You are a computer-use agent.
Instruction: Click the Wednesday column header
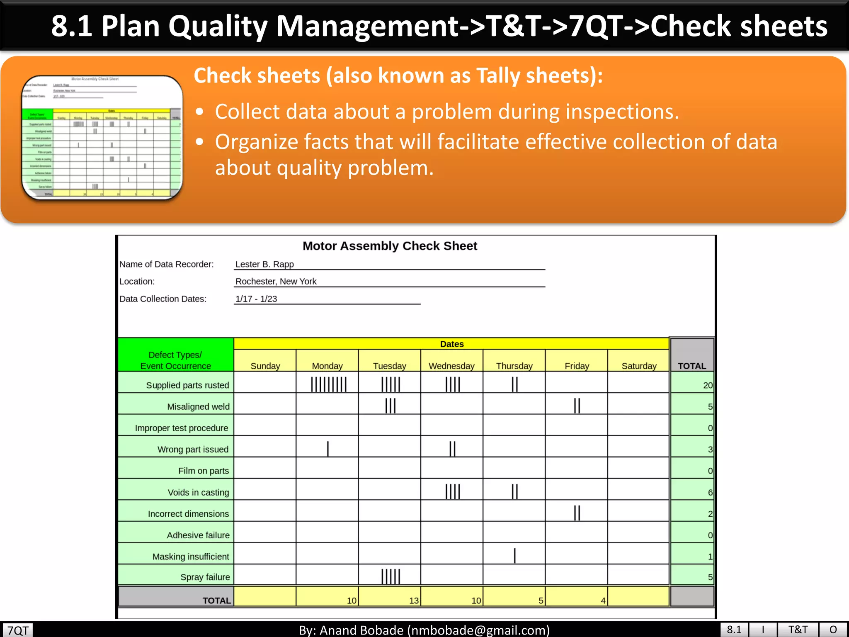[451, 366]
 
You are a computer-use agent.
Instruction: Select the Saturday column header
[639, 366]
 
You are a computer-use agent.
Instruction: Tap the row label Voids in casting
[198, 492]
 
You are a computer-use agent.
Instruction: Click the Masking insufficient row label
[191, 557]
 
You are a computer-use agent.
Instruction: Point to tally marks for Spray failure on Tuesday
[391, 576]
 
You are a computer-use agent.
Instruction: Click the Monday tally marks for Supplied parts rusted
[329, 384]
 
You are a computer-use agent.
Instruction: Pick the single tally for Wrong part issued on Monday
[328, 449]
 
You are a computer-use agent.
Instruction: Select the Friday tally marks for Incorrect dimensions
[577, 513]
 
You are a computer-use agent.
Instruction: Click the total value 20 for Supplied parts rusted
[708, 385]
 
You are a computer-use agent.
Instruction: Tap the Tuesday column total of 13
[414, 601]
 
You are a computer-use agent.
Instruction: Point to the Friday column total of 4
[603, 601]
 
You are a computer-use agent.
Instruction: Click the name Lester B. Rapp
[264, 264]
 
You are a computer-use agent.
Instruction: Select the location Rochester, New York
[276, 281]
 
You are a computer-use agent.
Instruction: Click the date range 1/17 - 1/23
[256, 299]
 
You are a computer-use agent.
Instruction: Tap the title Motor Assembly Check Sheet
[390, 246]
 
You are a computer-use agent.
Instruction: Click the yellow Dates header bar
[451, 344]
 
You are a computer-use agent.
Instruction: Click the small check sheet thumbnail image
[102, 137]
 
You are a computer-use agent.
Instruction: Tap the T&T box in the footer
[798, 630]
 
